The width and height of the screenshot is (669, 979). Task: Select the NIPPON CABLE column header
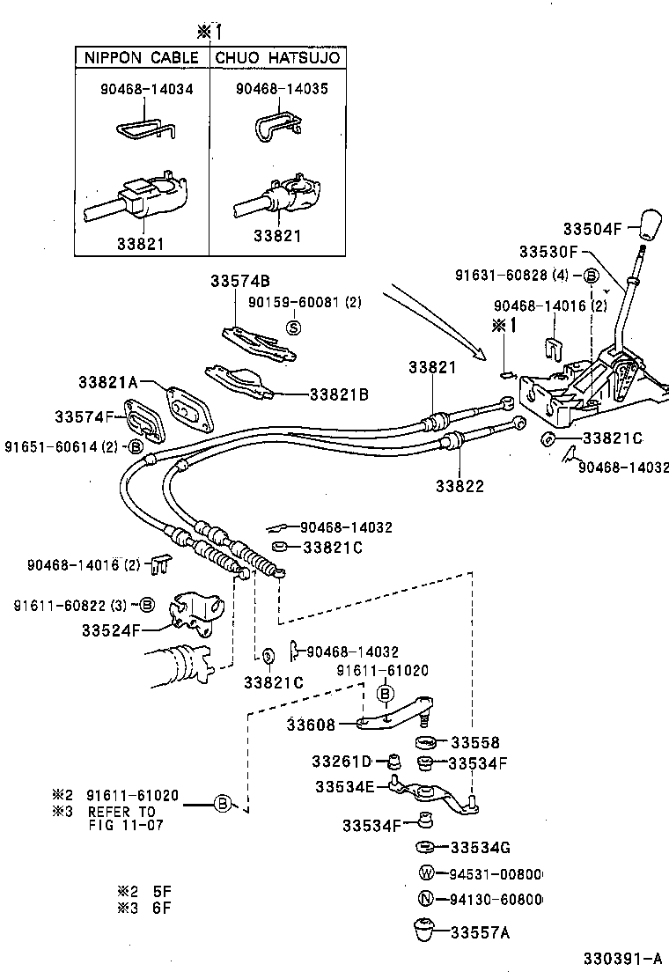pyautogui.click(x=141, y=58)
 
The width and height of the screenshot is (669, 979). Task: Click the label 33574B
pyautogui.click(x=239, y=281)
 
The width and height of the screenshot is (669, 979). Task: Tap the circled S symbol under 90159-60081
pyautogui.click(x=295, y=327)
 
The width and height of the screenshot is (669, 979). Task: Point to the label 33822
pyautogui.click(x=459, y=484)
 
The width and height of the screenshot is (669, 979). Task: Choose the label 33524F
pyautogui.click(x=111, y=630)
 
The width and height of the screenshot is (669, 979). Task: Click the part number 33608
pyautogui.click(x=311, y=724)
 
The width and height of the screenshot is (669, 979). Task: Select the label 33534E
pyautogui.click(x=345, y=785)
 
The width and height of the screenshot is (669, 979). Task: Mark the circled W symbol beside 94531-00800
pyautogui.click(x=426, y=873)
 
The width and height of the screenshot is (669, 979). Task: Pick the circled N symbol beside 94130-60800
pyautogui.click(x=426, y=899)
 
